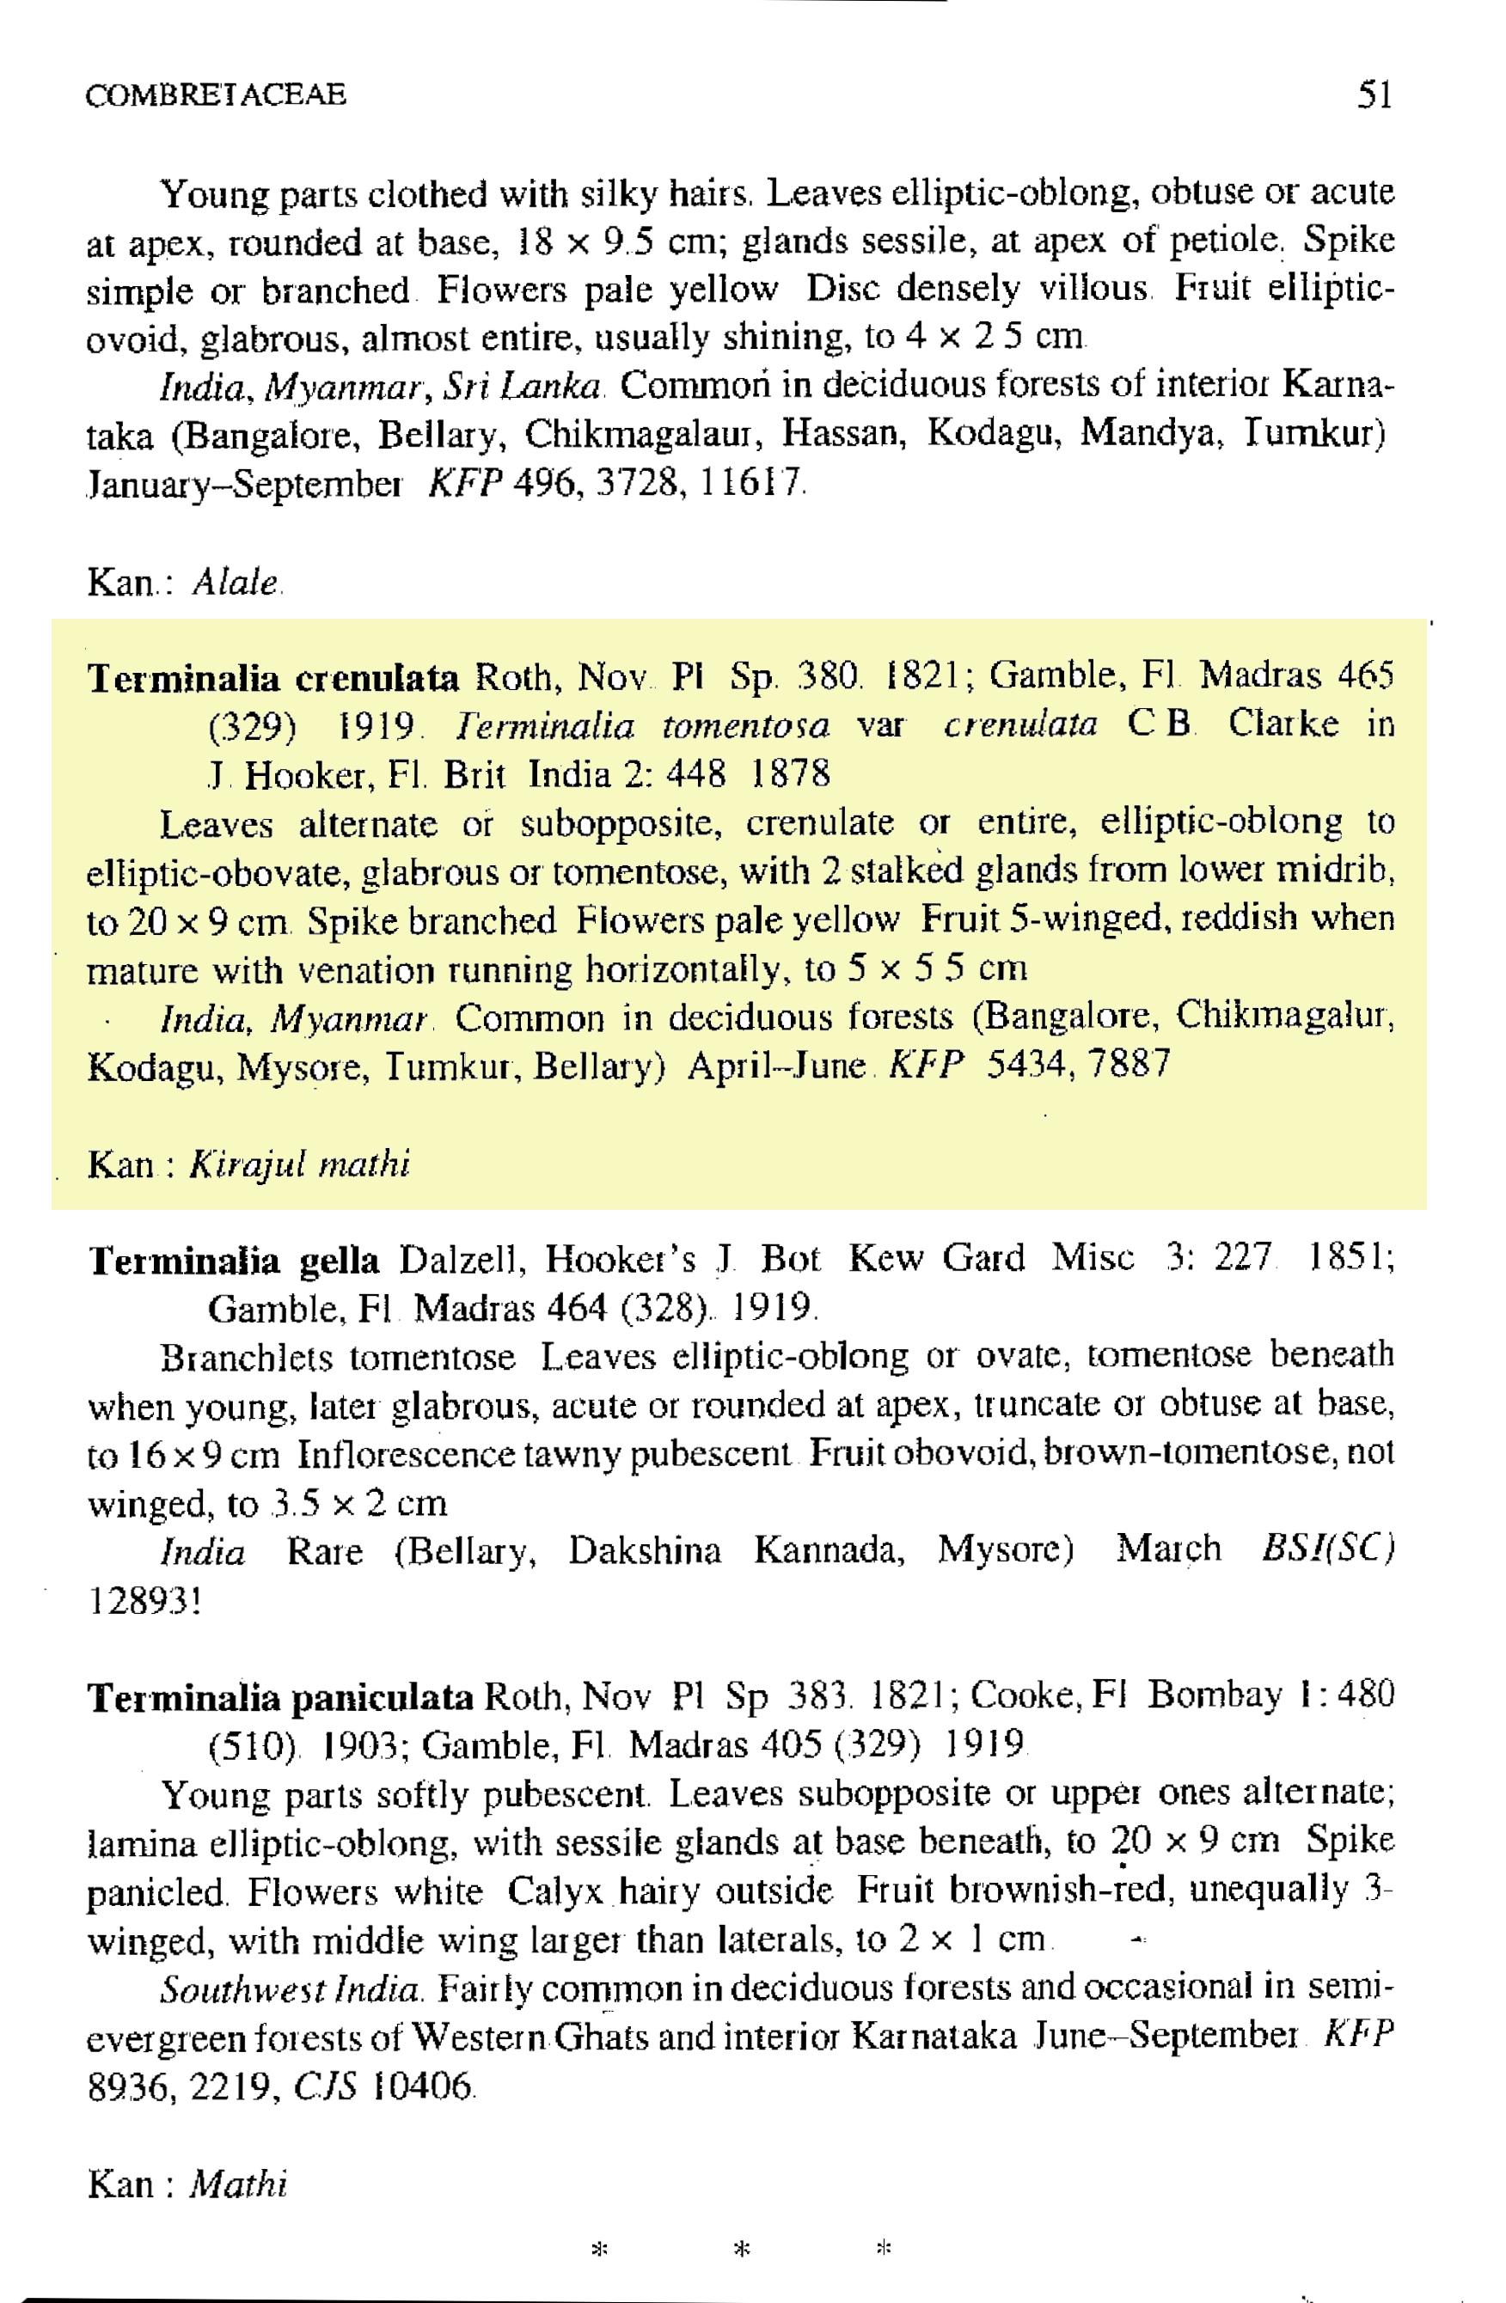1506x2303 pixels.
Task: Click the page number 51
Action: click(1374, 95)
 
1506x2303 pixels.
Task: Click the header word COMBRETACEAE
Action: click(215, 95)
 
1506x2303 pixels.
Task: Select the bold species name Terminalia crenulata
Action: click(274, 678)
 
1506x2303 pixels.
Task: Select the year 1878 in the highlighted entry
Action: click(791, 774)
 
